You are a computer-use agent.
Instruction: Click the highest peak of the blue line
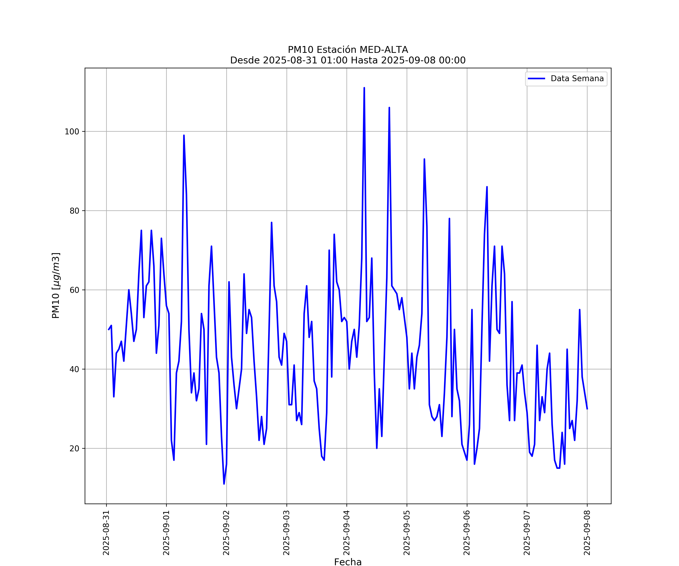[x=364, y=88]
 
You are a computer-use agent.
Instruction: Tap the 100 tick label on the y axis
[x=72, y=132]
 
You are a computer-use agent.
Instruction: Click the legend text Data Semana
[x=577, y=79]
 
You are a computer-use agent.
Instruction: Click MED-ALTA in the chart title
[x=384, y=50]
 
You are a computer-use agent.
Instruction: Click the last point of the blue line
[x=587, y=409]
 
